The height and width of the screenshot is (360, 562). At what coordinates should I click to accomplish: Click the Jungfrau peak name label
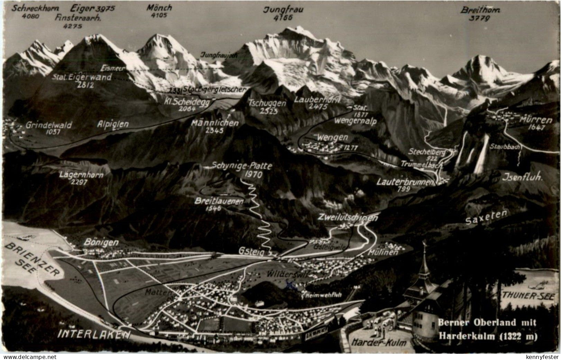[x=283, y=10]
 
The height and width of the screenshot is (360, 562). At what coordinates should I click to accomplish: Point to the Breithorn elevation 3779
[x=479, y=19]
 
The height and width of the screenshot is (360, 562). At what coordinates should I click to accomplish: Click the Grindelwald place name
[x=49, y=125]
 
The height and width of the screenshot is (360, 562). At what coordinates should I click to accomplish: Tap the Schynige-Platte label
[x=242, y=166]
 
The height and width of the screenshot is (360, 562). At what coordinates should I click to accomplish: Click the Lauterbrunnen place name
[x=405, y=182]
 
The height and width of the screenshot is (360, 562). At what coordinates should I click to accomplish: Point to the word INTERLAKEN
[x=94, y=334]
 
